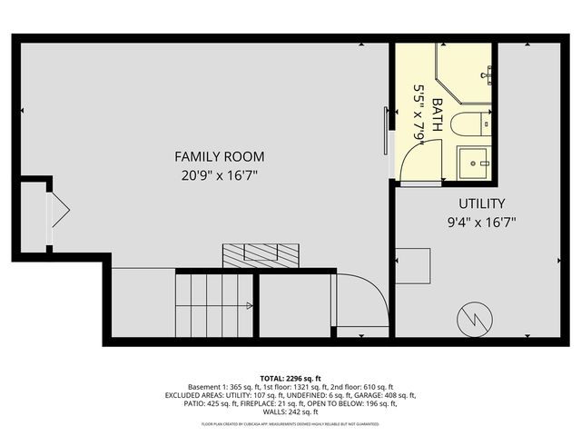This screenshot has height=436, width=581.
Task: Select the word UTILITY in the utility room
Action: tap(481, 203)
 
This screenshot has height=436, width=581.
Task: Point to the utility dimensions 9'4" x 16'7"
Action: tap(481, 221)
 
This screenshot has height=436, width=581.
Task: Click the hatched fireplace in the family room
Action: tap(261, 254)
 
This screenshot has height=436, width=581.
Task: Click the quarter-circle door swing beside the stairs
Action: tap(363, 300)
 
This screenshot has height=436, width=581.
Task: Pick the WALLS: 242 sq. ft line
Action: tap(290, 413)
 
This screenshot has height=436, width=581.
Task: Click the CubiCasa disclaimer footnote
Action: tap(290, 424)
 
